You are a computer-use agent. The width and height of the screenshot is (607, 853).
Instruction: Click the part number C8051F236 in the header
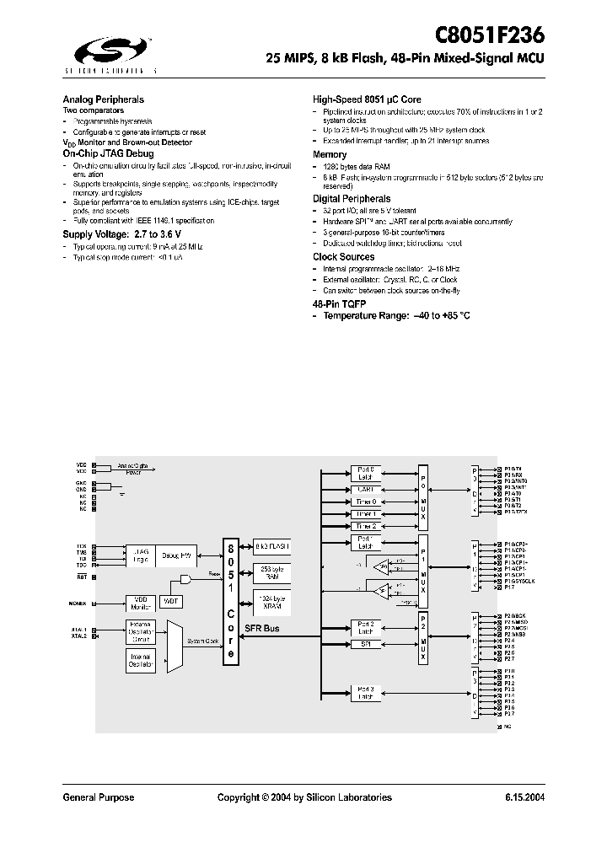click(489, 35)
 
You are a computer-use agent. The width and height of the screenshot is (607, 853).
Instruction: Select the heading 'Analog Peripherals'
click(104, 99)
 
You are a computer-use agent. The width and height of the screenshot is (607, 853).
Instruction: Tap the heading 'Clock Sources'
click(343, 257)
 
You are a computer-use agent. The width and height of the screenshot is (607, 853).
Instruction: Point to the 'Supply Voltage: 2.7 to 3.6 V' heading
click(121, 233)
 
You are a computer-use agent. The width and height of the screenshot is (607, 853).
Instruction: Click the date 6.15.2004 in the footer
click(524, 797)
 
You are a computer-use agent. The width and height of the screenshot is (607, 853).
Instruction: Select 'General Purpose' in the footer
click(99, 797)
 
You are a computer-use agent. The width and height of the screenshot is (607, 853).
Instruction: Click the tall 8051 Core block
click(230, 601)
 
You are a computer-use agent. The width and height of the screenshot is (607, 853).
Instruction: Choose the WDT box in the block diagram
click(171, 601)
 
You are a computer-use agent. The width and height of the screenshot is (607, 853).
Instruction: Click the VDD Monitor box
click(140, 603)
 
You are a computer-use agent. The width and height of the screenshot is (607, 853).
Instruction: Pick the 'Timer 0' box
click(365, 501)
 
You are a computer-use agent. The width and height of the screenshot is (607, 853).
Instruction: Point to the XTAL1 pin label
click(79, 630)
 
